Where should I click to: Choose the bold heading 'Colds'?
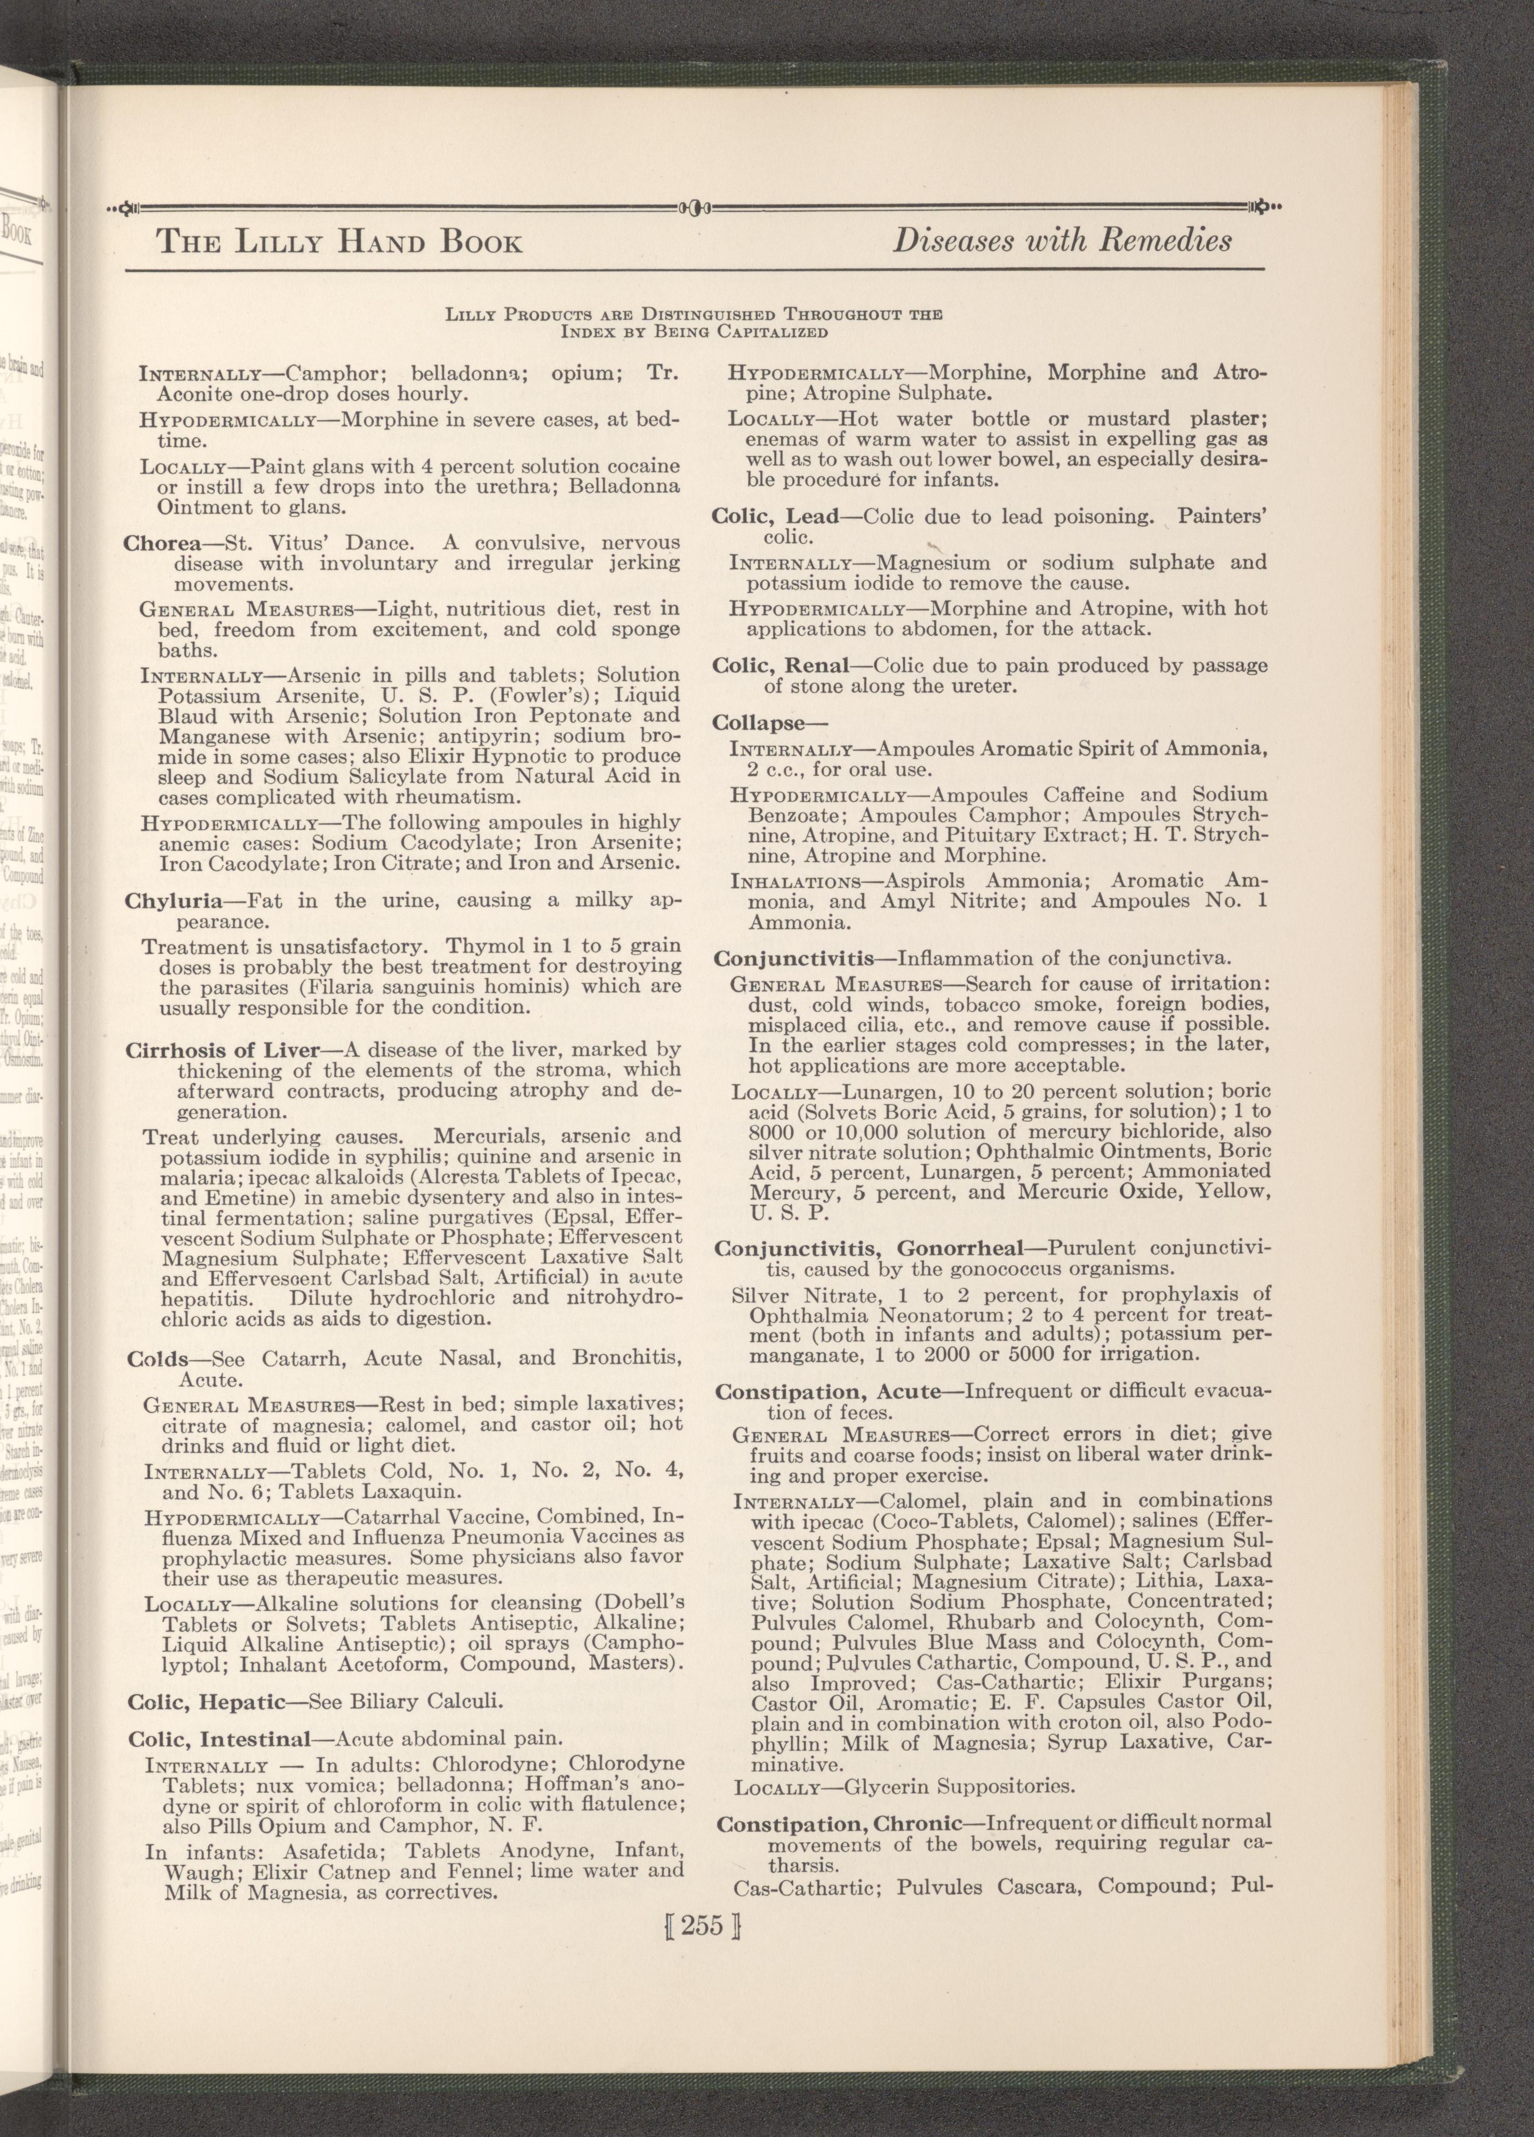tap(158, 1360)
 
